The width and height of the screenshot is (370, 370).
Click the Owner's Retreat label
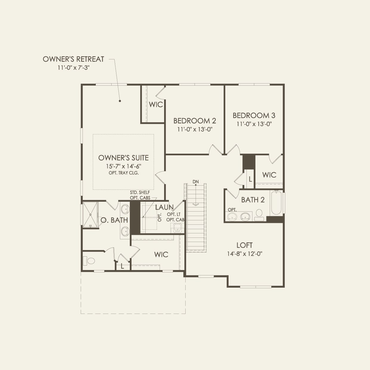point(73,59)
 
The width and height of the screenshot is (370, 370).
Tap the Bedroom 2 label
point(195,121)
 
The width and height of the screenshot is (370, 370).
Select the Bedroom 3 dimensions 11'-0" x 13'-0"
point(254,124)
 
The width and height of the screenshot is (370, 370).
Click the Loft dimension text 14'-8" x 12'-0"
point(244,254)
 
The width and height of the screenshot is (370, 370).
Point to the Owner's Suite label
point(123,158)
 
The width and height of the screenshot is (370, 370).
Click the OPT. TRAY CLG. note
point(124,173)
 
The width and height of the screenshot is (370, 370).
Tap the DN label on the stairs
point(195,182)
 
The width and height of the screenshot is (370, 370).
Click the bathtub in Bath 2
point(277,203)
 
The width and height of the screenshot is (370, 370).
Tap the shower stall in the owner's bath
point(90,215)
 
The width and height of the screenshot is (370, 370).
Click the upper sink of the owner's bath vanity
point(125,208)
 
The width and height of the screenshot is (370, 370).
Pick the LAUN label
point(164,207)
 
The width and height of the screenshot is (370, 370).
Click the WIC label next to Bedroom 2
point(156,104)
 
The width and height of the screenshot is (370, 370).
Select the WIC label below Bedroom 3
point(269,175)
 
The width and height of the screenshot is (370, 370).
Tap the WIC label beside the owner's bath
point(161,255)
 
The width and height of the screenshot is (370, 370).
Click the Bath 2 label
point(253,200)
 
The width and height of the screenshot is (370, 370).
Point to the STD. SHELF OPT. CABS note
point(140,195)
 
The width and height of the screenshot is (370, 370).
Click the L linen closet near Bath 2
point(250,179)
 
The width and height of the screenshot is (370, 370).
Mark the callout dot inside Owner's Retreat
point(120,101)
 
